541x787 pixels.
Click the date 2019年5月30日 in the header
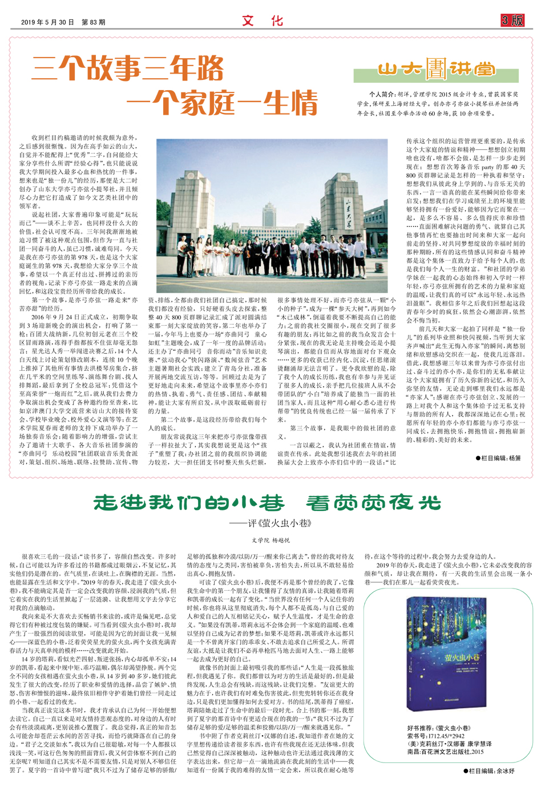click(x=47, y=22)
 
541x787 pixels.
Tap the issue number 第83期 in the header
click(x=94, y=22)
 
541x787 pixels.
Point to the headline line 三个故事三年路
click(x=128, y=70)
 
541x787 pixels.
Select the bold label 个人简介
click(x=382, y=95)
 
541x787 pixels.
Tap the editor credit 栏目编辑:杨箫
click(x=498, y=458)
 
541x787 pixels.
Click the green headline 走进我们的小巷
click(x=189, y=502)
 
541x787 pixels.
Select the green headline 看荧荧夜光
click(x=374, y=502)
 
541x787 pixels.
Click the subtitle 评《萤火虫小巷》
click(x=271, y=523)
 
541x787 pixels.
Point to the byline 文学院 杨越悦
click(x=271, y=539)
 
